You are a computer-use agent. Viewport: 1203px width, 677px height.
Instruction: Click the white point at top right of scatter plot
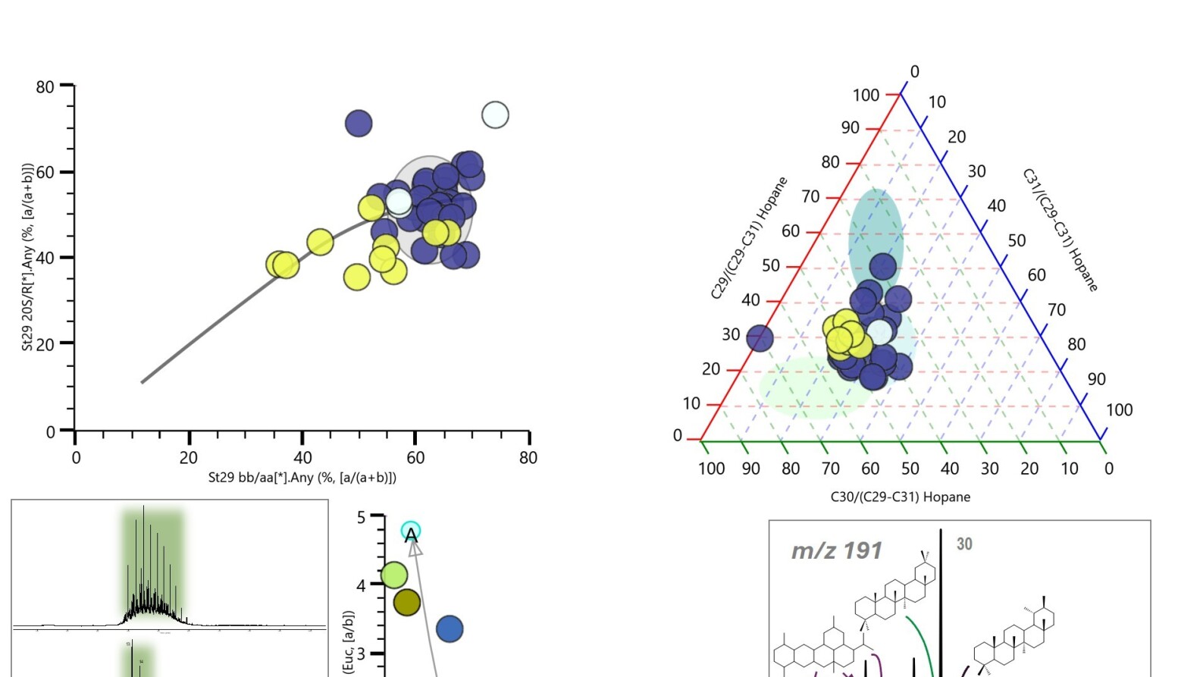click(x=495, y=115)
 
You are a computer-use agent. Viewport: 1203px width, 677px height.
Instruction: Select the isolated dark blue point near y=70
click(x=359, y=123)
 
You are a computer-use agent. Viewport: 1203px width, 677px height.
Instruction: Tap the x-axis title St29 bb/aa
click(x=302, y=478)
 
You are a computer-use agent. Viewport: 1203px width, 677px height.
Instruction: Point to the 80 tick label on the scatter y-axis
click(x=45, y=86)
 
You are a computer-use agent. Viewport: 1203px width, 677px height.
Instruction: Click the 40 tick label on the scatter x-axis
click(x=302, y=458)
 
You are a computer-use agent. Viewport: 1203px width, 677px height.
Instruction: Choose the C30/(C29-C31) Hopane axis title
click(x=900, y=497)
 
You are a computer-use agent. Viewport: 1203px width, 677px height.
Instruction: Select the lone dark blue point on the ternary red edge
click(x=760, y=338)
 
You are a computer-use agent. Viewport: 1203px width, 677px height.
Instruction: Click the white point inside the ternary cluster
click(x=879, y=331)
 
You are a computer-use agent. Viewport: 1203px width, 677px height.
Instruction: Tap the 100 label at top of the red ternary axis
click(x=866, y=96)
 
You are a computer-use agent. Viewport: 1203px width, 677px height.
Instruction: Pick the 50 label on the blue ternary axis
click(x=1017, y=241)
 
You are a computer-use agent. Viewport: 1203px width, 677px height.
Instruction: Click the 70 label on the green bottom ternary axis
click(x=831, y=469)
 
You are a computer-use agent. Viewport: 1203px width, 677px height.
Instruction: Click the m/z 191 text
click(x=836, y=550)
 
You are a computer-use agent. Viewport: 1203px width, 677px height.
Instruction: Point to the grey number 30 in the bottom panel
click(x=964, y=544)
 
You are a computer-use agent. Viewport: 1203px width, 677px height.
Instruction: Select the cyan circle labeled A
click(x=411, y=531)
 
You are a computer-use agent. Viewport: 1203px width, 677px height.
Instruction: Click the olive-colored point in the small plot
click(x=407, y=603)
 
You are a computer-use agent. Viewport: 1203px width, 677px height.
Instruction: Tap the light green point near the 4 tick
click(x=394, y=575)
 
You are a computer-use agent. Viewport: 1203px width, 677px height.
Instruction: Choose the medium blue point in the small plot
click(x=450, y=628)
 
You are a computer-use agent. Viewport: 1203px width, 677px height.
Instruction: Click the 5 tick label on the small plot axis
click(x=362, y=518)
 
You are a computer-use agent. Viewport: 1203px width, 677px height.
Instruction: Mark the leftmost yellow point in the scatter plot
click(x=279, y=264)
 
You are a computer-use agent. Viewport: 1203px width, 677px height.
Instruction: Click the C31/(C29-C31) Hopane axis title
click(x=1060, y=230)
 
